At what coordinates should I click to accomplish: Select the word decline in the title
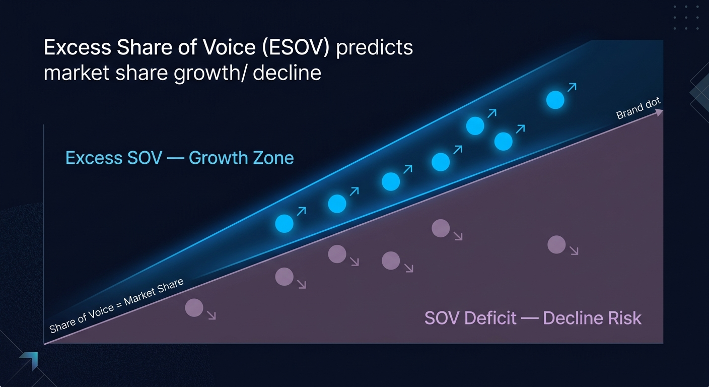[x=287, y=73]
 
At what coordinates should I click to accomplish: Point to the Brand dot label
[x=638, y=109]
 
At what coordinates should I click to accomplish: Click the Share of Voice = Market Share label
[x=116, y=306]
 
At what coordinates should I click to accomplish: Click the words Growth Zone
[x=241, y=158]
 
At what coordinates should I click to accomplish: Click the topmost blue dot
[x=555, y=100]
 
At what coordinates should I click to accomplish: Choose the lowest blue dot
[x=284, y=223]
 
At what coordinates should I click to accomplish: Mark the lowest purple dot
[x=194, y=307]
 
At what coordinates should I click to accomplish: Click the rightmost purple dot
[x=556, y=245]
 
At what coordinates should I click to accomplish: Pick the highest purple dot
[x=441, y=228]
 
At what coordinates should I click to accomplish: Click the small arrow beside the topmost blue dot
[x=572, y=87]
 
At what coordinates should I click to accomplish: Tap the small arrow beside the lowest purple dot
[x=211, y=316]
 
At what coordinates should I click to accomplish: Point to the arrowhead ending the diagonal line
[x=659, y=112]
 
